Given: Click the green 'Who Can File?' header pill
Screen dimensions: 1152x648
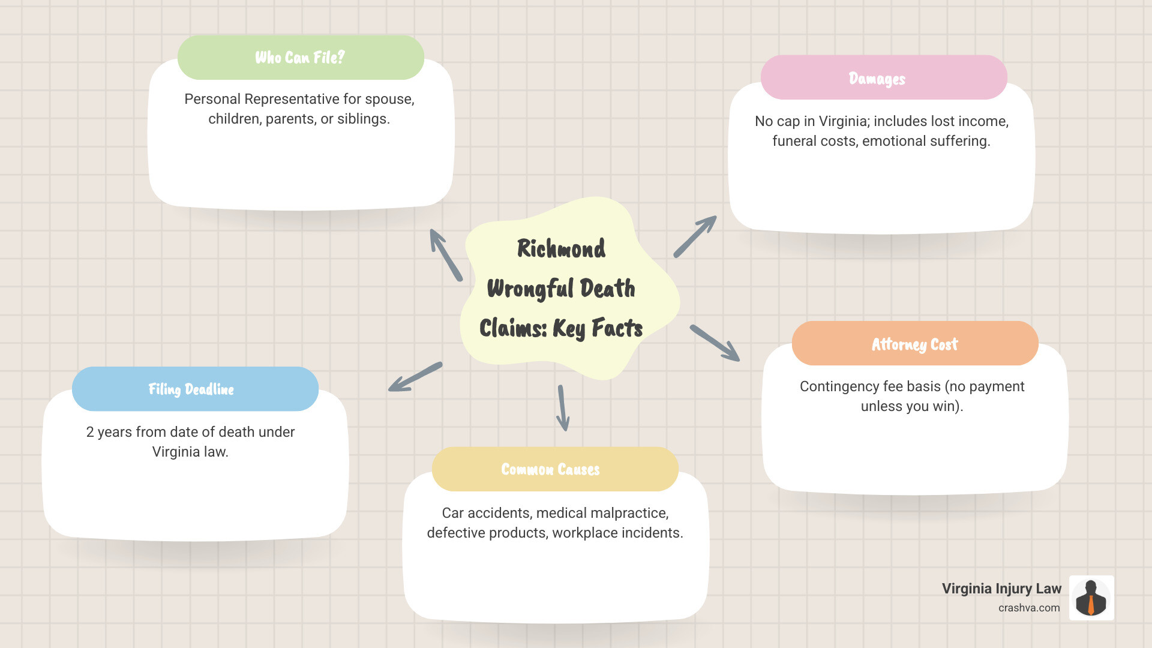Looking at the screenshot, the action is coord(301,58).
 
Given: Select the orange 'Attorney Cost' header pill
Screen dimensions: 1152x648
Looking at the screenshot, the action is coord(914,344).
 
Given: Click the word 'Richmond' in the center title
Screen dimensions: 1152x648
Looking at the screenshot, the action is coord(561,248).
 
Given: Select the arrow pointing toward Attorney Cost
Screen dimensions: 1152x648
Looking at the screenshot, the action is coord(715,343).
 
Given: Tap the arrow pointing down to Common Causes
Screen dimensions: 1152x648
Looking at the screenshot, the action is coord(562,408).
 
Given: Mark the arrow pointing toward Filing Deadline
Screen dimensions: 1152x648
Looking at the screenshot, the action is coord(415,377).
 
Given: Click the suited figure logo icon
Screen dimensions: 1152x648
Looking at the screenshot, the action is coord(1091,598).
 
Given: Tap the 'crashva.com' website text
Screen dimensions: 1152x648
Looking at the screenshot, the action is coord(1029,608).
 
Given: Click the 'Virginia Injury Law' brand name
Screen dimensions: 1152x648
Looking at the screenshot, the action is coord(1001,589).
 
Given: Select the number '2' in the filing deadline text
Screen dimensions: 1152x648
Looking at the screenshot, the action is coord(90,432).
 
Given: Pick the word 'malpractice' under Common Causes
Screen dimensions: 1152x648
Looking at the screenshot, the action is coord(632,513).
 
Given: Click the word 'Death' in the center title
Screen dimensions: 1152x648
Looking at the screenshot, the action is coord(607,289).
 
